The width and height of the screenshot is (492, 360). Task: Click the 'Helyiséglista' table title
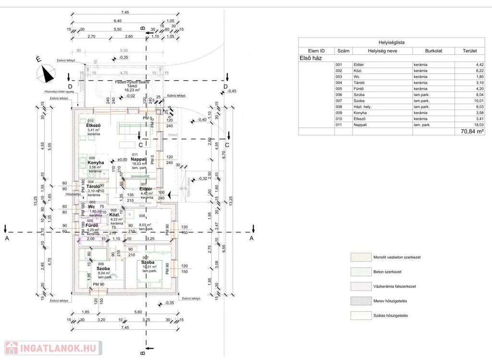392,42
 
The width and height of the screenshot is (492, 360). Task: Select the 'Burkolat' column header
433,50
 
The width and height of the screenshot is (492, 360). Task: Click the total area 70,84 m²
472,131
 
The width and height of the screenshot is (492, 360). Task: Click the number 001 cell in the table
339,64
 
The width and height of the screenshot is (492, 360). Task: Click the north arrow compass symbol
46,72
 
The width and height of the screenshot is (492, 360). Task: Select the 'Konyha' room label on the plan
96,162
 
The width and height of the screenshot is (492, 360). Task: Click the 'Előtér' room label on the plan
146,189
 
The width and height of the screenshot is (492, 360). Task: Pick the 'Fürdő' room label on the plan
92,225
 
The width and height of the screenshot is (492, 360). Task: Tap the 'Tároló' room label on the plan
93,186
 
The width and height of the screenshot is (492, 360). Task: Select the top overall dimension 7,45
125,12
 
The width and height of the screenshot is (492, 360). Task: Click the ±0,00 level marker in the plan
122,160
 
